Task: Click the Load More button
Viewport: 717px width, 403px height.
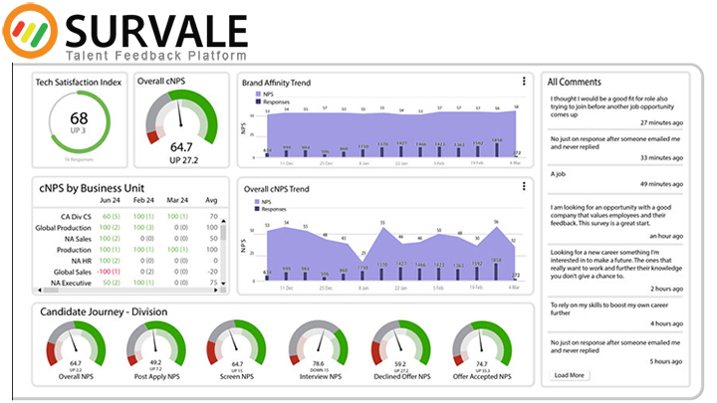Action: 570,375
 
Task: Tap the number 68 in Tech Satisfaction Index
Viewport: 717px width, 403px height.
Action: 79,118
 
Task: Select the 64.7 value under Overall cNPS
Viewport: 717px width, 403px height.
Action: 181,146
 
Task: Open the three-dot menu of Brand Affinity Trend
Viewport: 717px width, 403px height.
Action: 524,82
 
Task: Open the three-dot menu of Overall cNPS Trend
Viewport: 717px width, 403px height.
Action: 524,186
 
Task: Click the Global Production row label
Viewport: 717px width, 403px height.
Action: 64,228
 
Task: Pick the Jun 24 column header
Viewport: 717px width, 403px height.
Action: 111,199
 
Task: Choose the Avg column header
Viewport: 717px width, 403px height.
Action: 210,199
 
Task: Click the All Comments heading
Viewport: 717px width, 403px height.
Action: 577,81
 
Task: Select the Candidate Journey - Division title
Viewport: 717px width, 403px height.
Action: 104,312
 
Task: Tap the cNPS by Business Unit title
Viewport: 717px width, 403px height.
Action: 92,186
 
